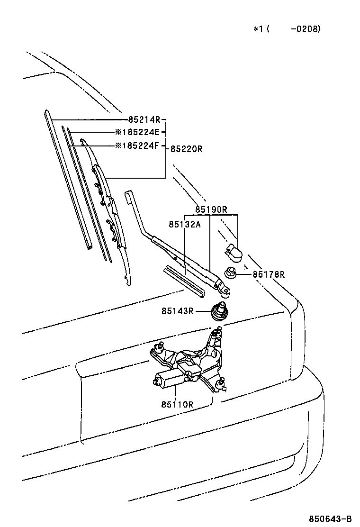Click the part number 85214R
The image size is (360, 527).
tap(144, 119)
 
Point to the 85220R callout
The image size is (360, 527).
tap(186, 149)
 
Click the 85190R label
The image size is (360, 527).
tap(211, 210)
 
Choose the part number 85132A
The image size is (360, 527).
tap(185, 224)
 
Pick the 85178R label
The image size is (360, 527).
tap(269, 274)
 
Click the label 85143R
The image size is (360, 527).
tap(178, 311)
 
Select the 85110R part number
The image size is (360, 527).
tap(177, 404)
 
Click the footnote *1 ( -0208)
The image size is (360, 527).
tap(287, 29)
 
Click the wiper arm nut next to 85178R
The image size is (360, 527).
tap(230, 272)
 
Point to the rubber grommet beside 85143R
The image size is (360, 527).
tap(219, 312)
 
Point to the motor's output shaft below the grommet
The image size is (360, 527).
tap(216, 333)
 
